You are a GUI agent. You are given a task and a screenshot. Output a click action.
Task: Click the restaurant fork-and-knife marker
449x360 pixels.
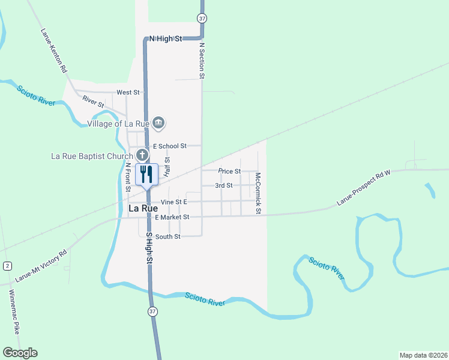147,175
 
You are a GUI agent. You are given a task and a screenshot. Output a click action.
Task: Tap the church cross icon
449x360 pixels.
141,154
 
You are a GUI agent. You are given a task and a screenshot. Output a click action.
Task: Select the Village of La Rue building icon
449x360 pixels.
158,124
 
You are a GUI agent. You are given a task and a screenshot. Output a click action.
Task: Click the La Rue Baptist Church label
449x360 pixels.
92,156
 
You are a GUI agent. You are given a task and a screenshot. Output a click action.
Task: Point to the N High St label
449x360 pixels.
165,38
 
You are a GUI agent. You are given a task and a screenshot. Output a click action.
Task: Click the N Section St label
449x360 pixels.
202,61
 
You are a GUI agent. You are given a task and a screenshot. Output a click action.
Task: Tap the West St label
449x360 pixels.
128,92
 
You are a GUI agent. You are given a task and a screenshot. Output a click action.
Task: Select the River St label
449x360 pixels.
93,103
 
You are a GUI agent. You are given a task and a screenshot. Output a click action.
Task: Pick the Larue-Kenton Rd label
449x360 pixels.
54,51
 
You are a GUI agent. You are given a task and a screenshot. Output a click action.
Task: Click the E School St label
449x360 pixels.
170,146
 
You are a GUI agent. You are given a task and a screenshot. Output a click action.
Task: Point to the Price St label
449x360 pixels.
229,171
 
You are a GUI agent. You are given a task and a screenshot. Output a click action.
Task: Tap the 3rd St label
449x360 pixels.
224,185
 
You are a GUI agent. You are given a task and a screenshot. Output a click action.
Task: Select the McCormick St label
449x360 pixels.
258,194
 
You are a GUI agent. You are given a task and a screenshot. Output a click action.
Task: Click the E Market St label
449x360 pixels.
172,217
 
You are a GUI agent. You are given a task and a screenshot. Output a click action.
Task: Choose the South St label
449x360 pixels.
168,237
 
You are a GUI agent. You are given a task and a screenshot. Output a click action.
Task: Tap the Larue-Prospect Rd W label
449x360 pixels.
364,188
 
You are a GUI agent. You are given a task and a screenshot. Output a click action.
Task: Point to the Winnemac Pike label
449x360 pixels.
14,311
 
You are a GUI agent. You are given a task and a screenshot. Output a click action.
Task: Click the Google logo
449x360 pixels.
20,353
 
